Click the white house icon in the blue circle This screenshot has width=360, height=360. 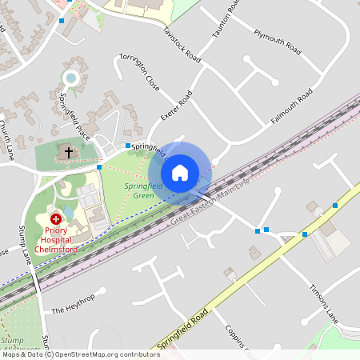coord(180,172)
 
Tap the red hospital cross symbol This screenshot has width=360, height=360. coord(56,218)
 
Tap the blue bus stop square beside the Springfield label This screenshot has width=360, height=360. coord(127,146)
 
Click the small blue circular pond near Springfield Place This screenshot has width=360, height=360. coord(70,78)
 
